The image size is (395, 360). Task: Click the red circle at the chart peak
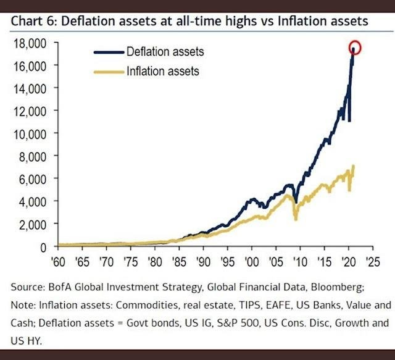tap(355, 47)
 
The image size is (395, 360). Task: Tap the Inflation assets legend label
tap(162, 71)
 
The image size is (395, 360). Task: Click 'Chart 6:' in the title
tap(33, 22)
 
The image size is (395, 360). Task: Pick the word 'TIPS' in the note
tap(230, 304)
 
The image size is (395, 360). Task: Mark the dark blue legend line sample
tap(109, 52)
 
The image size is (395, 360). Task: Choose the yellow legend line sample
tap(109, 71)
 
